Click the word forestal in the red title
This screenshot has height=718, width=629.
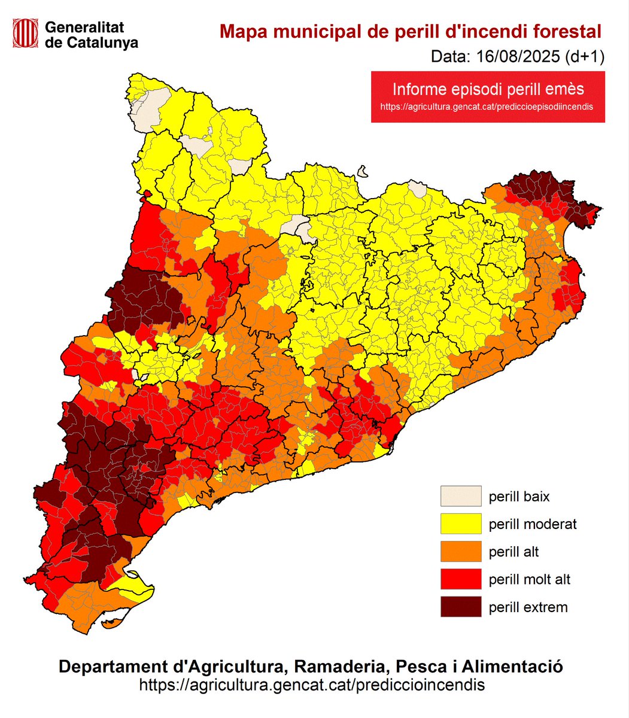(566, 31)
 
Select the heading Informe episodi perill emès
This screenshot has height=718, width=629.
(488, 89)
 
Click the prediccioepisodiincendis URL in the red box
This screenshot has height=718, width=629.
(488, 107)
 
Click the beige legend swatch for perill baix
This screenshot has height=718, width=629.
(461, 496)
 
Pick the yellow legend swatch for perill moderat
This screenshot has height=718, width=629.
(461, 524)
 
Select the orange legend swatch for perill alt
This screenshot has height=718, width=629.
(461, 552)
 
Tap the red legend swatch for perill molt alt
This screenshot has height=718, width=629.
(461, 579)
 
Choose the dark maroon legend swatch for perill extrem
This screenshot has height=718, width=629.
(461, 607)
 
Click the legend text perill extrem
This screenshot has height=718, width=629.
(528, 607)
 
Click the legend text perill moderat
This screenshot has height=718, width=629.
(533, 524)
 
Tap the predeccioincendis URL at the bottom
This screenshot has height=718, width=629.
(312, 684)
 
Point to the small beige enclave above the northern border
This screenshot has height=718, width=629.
(362, 172)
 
